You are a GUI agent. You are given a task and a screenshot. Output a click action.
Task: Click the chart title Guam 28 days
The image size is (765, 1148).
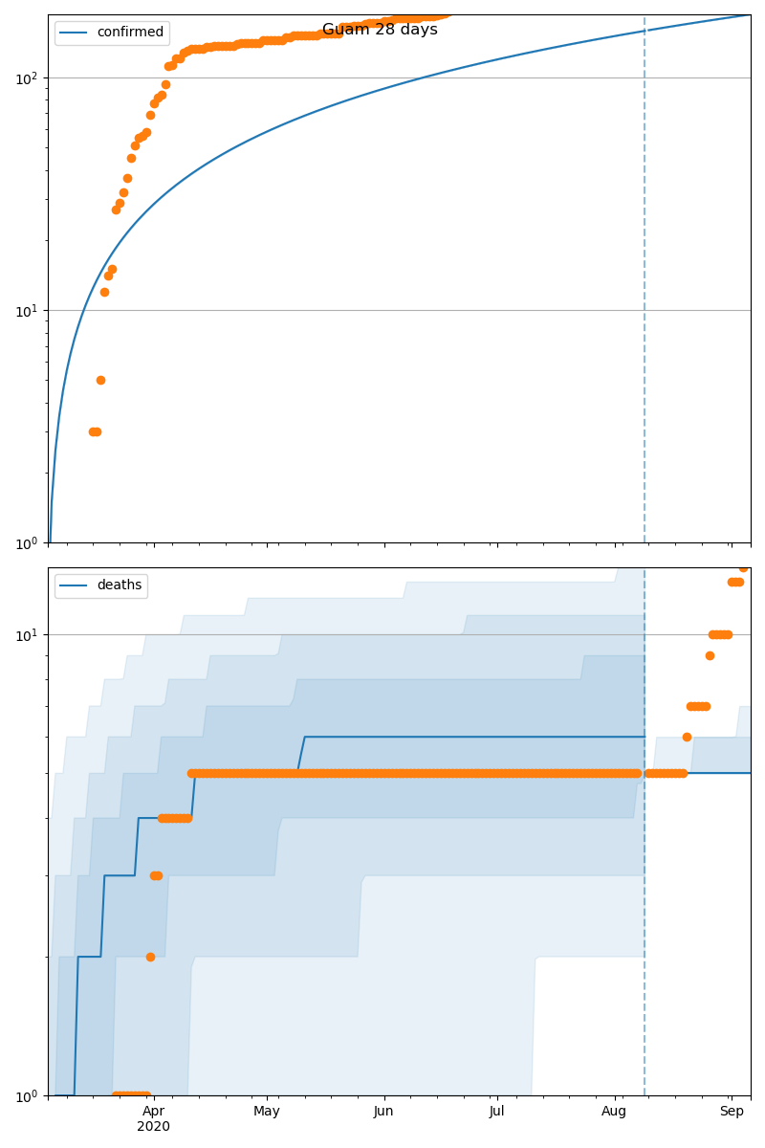(x=380, y=30)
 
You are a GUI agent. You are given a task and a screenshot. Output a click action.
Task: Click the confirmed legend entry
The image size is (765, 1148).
(x=130, y=33)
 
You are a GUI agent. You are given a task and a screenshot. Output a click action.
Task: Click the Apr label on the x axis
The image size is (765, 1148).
(x=154, y=1111)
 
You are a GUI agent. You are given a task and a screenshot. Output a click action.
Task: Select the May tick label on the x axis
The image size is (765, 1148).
(x=267, y=1111)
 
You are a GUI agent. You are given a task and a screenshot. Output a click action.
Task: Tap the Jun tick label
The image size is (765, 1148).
(x=383, y=1111)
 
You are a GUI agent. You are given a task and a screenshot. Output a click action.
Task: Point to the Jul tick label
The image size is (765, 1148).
(x=497, y=1111)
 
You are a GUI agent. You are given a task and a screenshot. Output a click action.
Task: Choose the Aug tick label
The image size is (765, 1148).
(x=614, y=1111)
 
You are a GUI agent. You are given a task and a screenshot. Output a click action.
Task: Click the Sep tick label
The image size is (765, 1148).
(x=732, y=1111)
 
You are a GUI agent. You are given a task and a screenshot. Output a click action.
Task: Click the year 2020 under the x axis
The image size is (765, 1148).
(x=153, y=1127)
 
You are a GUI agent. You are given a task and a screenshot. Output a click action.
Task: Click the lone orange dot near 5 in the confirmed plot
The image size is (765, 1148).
(x=100, y=380)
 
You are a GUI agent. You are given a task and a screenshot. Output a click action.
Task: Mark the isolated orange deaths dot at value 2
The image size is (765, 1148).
(x=150, y=957)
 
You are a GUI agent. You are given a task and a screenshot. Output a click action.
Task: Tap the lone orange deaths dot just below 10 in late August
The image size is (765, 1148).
(x=710, y=655)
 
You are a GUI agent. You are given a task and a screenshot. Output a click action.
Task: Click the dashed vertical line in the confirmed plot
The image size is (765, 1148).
(x=645, y=287)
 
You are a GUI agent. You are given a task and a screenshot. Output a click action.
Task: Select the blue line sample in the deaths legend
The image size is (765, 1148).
(x=76, y=585)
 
